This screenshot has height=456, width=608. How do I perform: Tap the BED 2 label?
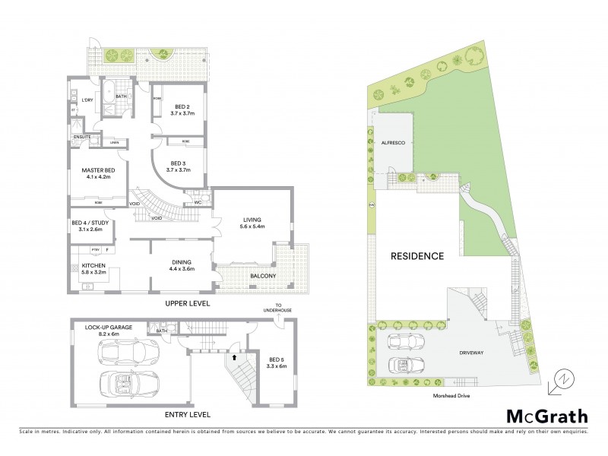[182, 106]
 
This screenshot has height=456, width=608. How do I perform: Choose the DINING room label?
[182, 262]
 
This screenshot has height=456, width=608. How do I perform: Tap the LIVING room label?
[252, 220]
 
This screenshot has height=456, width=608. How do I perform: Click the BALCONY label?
[260, 275]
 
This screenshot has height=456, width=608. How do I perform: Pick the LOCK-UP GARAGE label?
[109, 327]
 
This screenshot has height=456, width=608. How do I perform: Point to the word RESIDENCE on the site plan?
[416, 256]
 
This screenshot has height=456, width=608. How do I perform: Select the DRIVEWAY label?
[473, 353]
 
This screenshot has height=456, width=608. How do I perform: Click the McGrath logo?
[547, 416]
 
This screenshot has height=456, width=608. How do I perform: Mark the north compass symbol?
[562, 381]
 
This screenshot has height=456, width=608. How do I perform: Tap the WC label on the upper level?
[196, 202]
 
